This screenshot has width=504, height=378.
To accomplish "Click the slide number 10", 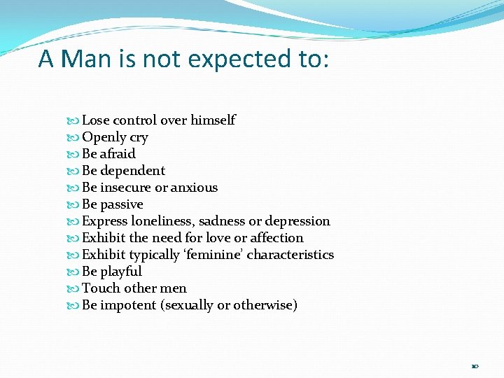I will [x=475, y=365].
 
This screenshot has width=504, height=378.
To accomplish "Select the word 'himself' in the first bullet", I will [x=213, y=120].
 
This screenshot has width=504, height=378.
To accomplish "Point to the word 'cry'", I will [x=139, y=138].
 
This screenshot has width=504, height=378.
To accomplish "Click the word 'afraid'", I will [x=118, y=154].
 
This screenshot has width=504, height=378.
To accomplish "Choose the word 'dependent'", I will [x=133, y=171].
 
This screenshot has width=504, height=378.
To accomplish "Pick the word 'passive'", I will [x=122, y=204].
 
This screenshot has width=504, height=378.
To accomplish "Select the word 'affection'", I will [x=277, y=238].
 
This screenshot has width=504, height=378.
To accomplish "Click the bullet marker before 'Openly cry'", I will [x=76, y=138].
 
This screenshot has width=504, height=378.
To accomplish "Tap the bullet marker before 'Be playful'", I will [x=76, y=272].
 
